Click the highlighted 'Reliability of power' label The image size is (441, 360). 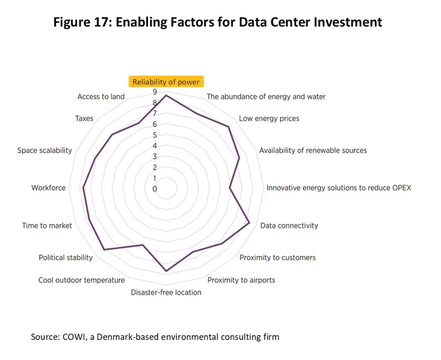(166, 82)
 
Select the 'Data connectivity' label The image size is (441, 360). (289, 226)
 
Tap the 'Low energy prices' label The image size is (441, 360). (269, 119)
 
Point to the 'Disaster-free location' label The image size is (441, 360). (166, 292)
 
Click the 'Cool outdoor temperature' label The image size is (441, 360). (81, 280)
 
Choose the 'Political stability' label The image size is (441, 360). (66, 258)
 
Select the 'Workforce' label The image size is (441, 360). (48, 188)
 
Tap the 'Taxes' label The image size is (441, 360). (84, 119)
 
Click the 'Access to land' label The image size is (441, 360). (101, 97)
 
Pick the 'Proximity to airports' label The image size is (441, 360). (241, 280)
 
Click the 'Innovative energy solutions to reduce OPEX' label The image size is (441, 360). (339, 188)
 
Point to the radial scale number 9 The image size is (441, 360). (155, 92)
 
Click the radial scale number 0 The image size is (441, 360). (155, 189)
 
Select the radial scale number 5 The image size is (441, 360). (155, 135)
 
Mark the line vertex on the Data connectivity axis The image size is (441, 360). (249, 223)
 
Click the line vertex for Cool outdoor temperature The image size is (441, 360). (142, 245)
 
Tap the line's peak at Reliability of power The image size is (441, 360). (166, 96)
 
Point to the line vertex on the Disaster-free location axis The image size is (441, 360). (166, 271)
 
